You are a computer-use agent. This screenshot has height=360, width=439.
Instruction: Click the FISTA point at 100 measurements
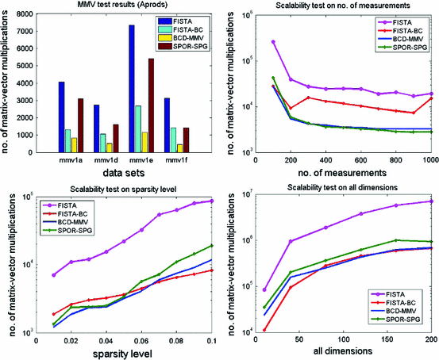[x=274, y=41]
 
